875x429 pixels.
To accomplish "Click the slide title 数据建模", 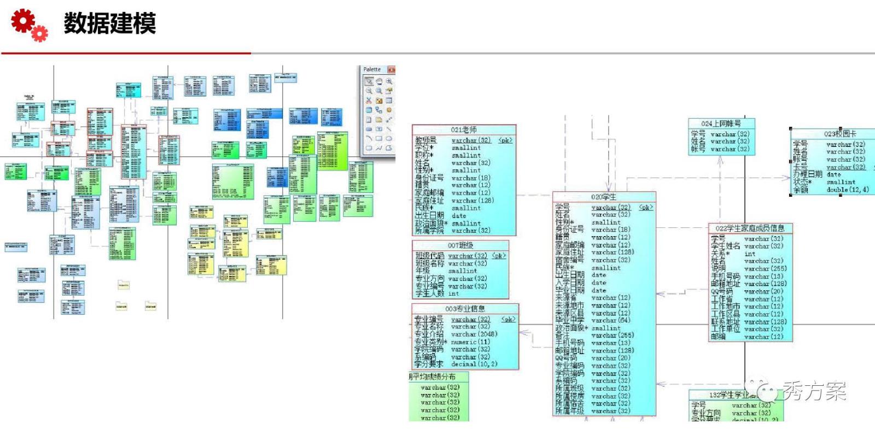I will [110, 23].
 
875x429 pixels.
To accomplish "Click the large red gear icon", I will [22, 20].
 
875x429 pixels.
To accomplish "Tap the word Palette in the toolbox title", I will [372, 69].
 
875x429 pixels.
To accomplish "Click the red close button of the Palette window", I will [391, 69].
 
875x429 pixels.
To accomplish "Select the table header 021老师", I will [464, 130].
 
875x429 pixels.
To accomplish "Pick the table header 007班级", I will [460, 245].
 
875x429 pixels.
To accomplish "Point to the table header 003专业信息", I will [465, 309].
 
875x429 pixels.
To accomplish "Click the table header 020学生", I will [603, 197].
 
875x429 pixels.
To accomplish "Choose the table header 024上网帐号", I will [721, 124].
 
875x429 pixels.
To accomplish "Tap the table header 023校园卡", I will [840, 134].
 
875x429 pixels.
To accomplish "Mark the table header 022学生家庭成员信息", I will [750, 228].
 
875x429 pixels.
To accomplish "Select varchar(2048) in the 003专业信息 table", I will [474, 334].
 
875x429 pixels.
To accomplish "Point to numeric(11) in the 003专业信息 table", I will [470, 342].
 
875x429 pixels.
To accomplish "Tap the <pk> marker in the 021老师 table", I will [506, 140].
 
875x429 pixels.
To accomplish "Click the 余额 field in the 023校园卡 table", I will [801, 190].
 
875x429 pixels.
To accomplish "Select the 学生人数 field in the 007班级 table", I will [429, 293].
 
